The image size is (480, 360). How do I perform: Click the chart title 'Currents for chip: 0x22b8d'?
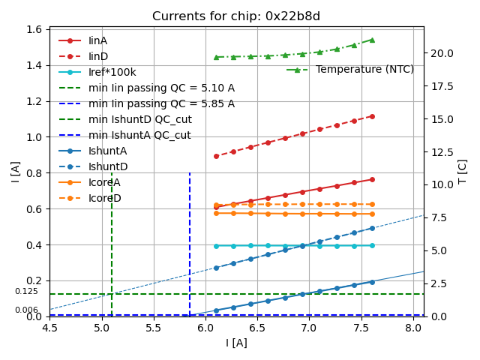click(236, 16)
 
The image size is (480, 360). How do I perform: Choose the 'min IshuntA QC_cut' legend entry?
click(139, 135)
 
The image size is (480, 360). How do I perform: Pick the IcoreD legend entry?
click(104, 198)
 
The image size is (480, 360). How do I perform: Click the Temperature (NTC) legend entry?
click(364, 69)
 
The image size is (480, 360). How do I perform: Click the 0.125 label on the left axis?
click(26, 291)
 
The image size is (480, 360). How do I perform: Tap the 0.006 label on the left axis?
click(26, 310)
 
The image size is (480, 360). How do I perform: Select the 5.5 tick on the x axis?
click(154, 328)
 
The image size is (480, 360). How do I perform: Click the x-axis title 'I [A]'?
click(236, 343)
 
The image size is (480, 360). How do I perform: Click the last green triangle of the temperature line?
click(372, 40)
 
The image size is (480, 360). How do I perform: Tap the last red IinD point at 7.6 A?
click(372, 116)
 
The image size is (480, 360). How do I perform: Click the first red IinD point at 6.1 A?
click(216, 156)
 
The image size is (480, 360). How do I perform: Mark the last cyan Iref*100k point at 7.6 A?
click(372, 245)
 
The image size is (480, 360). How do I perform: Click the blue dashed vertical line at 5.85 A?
click(190, 240)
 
